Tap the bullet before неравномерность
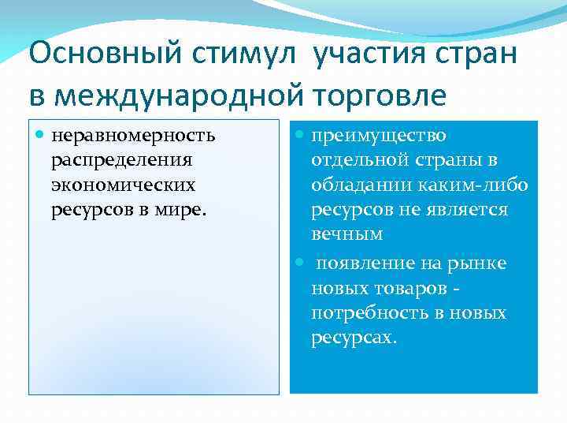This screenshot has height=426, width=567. pyautogui.click(x=41, y=136)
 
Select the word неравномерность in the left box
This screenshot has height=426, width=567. pyautogui.click(x=133, y=136)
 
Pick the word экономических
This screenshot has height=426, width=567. pyautogui.click(x=123, y=185)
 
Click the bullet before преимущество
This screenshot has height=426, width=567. pyautogui.click(x=300, y=136)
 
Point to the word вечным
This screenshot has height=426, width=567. pyautogui.click(x=346, y=234)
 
